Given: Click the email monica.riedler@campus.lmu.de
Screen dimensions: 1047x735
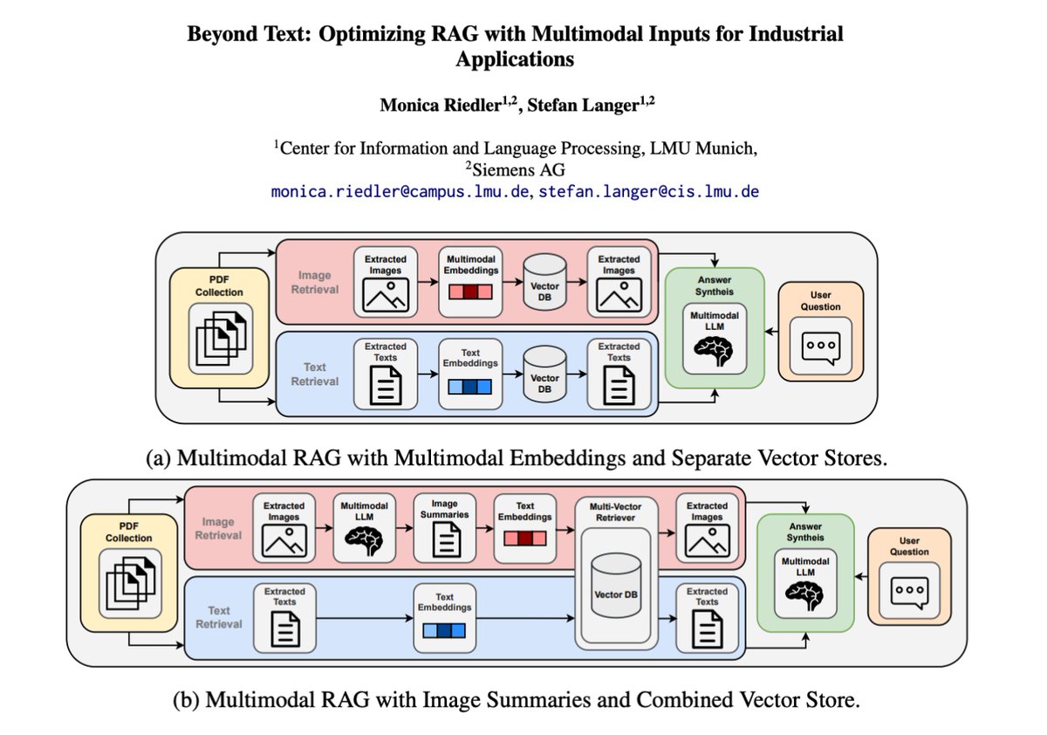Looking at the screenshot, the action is tap(400, 192).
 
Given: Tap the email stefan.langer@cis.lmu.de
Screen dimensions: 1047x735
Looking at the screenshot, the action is tap(649, 192).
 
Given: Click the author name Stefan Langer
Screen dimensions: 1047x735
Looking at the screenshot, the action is tap(584, 106).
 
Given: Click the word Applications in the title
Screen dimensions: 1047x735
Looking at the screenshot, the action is tap(515, 59).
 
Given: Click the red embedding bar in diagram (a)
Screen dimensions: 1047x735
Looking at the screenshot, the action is tap(470, 292).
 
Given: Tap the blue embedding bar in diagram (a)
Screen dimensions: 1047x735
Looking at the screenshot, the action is tap(470, 387).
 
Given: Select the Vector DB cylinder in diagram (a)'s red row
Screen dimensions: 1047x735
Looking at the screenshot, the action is tap(544, 282).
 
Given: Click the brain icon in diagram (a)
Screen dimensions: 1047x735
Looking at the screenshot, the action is tap(714, 352).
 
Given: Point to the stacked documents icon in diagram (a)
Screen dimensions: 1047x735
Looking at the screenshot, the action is tap(221, 338).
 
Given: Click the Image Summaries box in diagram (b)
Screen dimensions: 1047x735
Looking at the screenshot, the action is tap(444, 528).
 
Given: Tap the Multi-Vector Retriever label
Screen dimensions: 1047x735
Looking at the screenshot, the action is tap(615, 512).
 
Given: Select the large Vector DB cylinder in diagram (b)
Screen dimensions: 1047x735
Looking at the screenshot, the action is tap(616, 586).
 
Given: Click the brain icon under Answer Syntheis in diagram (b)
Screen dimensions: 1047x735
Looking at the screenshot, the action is tap(804, 595).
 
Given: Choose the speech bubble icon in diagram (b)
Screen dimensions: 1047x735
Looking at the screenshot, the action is tap(909, 593).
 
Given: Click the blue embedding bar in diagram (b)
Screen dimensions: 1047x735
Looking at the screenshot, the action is tap(444, 631).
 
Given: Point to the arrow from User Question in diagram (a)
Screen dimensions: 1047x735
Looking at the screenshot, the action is tap(771, 332).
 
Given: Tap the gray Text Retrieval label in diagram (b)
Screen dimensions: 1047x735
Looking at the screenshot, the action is tap(219, 617).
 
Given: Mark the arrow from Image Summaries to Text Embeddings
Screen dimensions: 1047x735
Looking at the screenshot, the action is tap(485, 529).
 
